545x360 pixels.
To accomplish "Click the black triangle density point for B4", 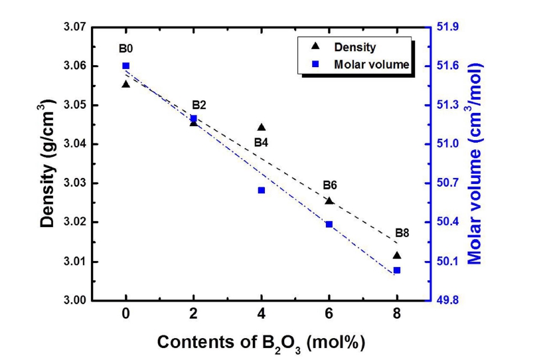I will click(x=262, y=128).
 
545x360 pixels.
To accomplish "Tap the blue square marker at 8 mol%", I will click(x=397, y=270).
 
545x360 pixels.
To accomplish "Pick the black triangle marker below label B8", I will click(x=397, y=255).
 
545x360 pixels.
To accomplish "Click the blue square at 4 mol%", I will click(x=262, y=191).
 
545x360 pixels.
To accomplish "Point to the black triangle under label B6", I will click(x=329, y=201).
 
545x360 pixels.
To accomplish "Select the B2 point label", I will click(x=198, y=105).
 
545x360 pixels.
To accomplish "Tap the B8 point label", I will click(x=402, y=233).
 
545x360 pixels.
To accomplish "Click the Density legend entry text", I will click(x=355, y=47).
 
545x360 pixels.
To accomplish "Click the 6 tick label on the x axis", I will click(x=329, y=315).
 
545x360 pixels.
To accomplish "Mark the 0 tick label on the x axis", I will click(x=125, y=315).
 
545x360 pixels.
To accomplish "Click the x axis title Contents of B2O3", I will click(x=261, y=343).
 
